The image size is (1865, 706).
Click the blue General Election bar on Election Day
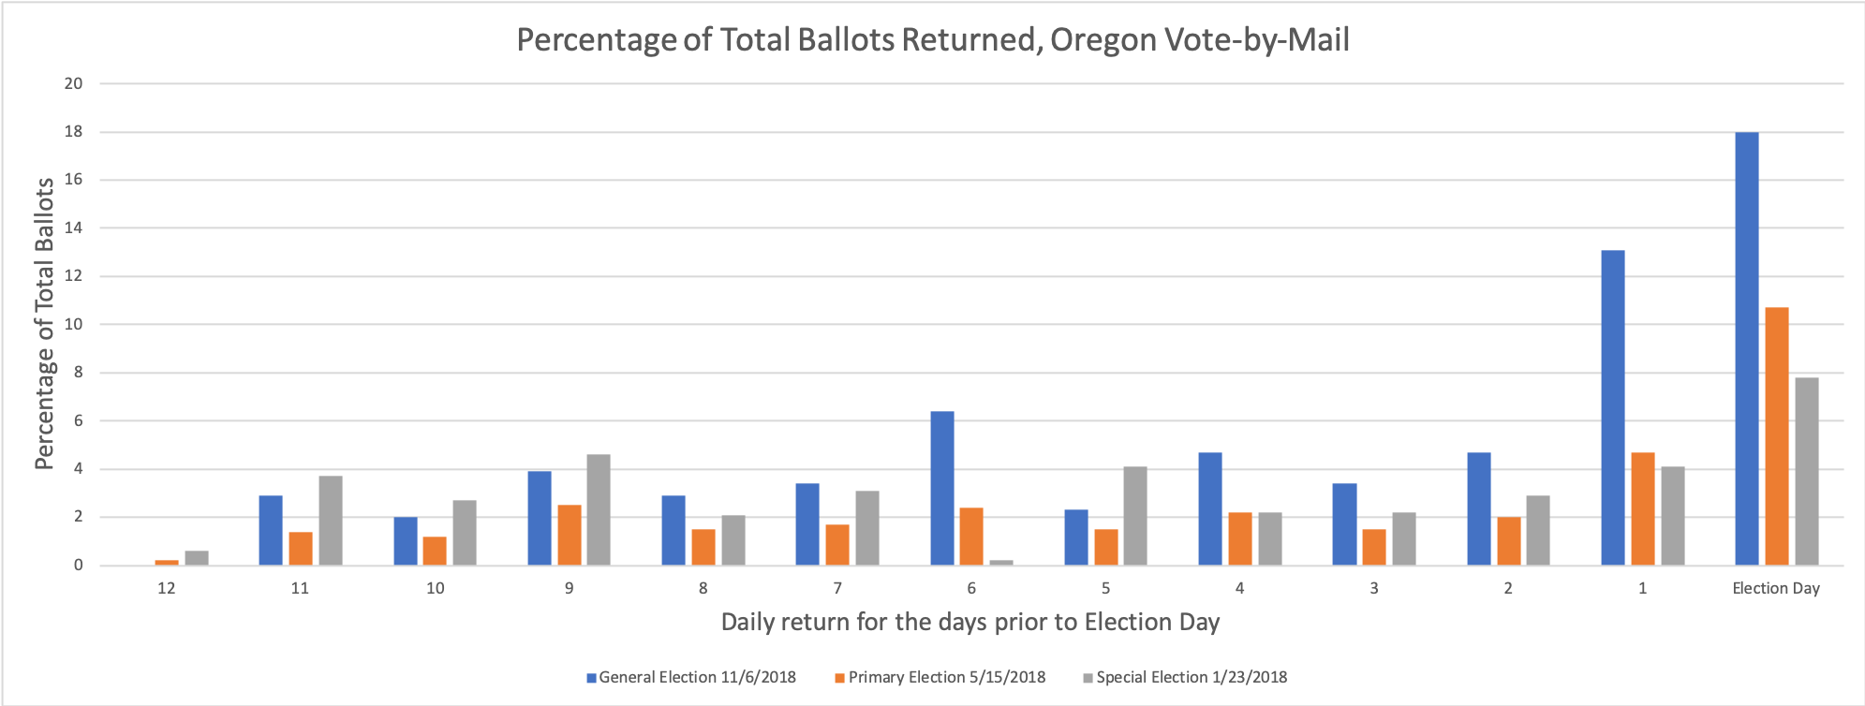coord(1746,348)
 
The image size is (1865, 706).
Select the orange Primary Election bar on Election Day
coord(1776,436)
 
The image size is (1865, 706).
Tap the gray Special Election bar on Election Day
coord(1806,471)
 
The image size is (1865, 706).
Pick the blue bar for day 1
coord(1612,407)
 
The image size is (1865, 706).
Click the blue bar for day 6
coord(941,488)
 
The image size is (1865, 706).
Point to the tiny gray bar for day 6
coord(1001,562)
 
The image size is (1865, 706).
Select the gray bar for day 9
coord(599,509)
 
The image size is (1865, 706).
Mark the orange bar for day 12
coord(167,562)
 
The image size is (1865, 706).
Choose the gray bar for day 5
coord(1135,516)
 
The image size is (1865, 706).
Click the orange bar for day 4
coord(1239,538)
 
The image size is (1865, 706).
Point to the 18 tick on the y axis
coord(73,132)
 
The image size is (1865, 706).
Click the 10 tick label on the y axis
coord(73,324)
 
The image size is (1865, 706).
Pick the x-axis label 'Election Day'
coord(1775,589)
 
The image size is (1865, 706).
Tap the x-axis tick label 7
coord(837,589)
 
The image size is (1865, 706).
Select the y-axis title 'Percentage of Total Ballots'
coord(44,323)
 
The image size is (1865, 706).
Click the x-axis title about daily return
coord(970,623)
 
